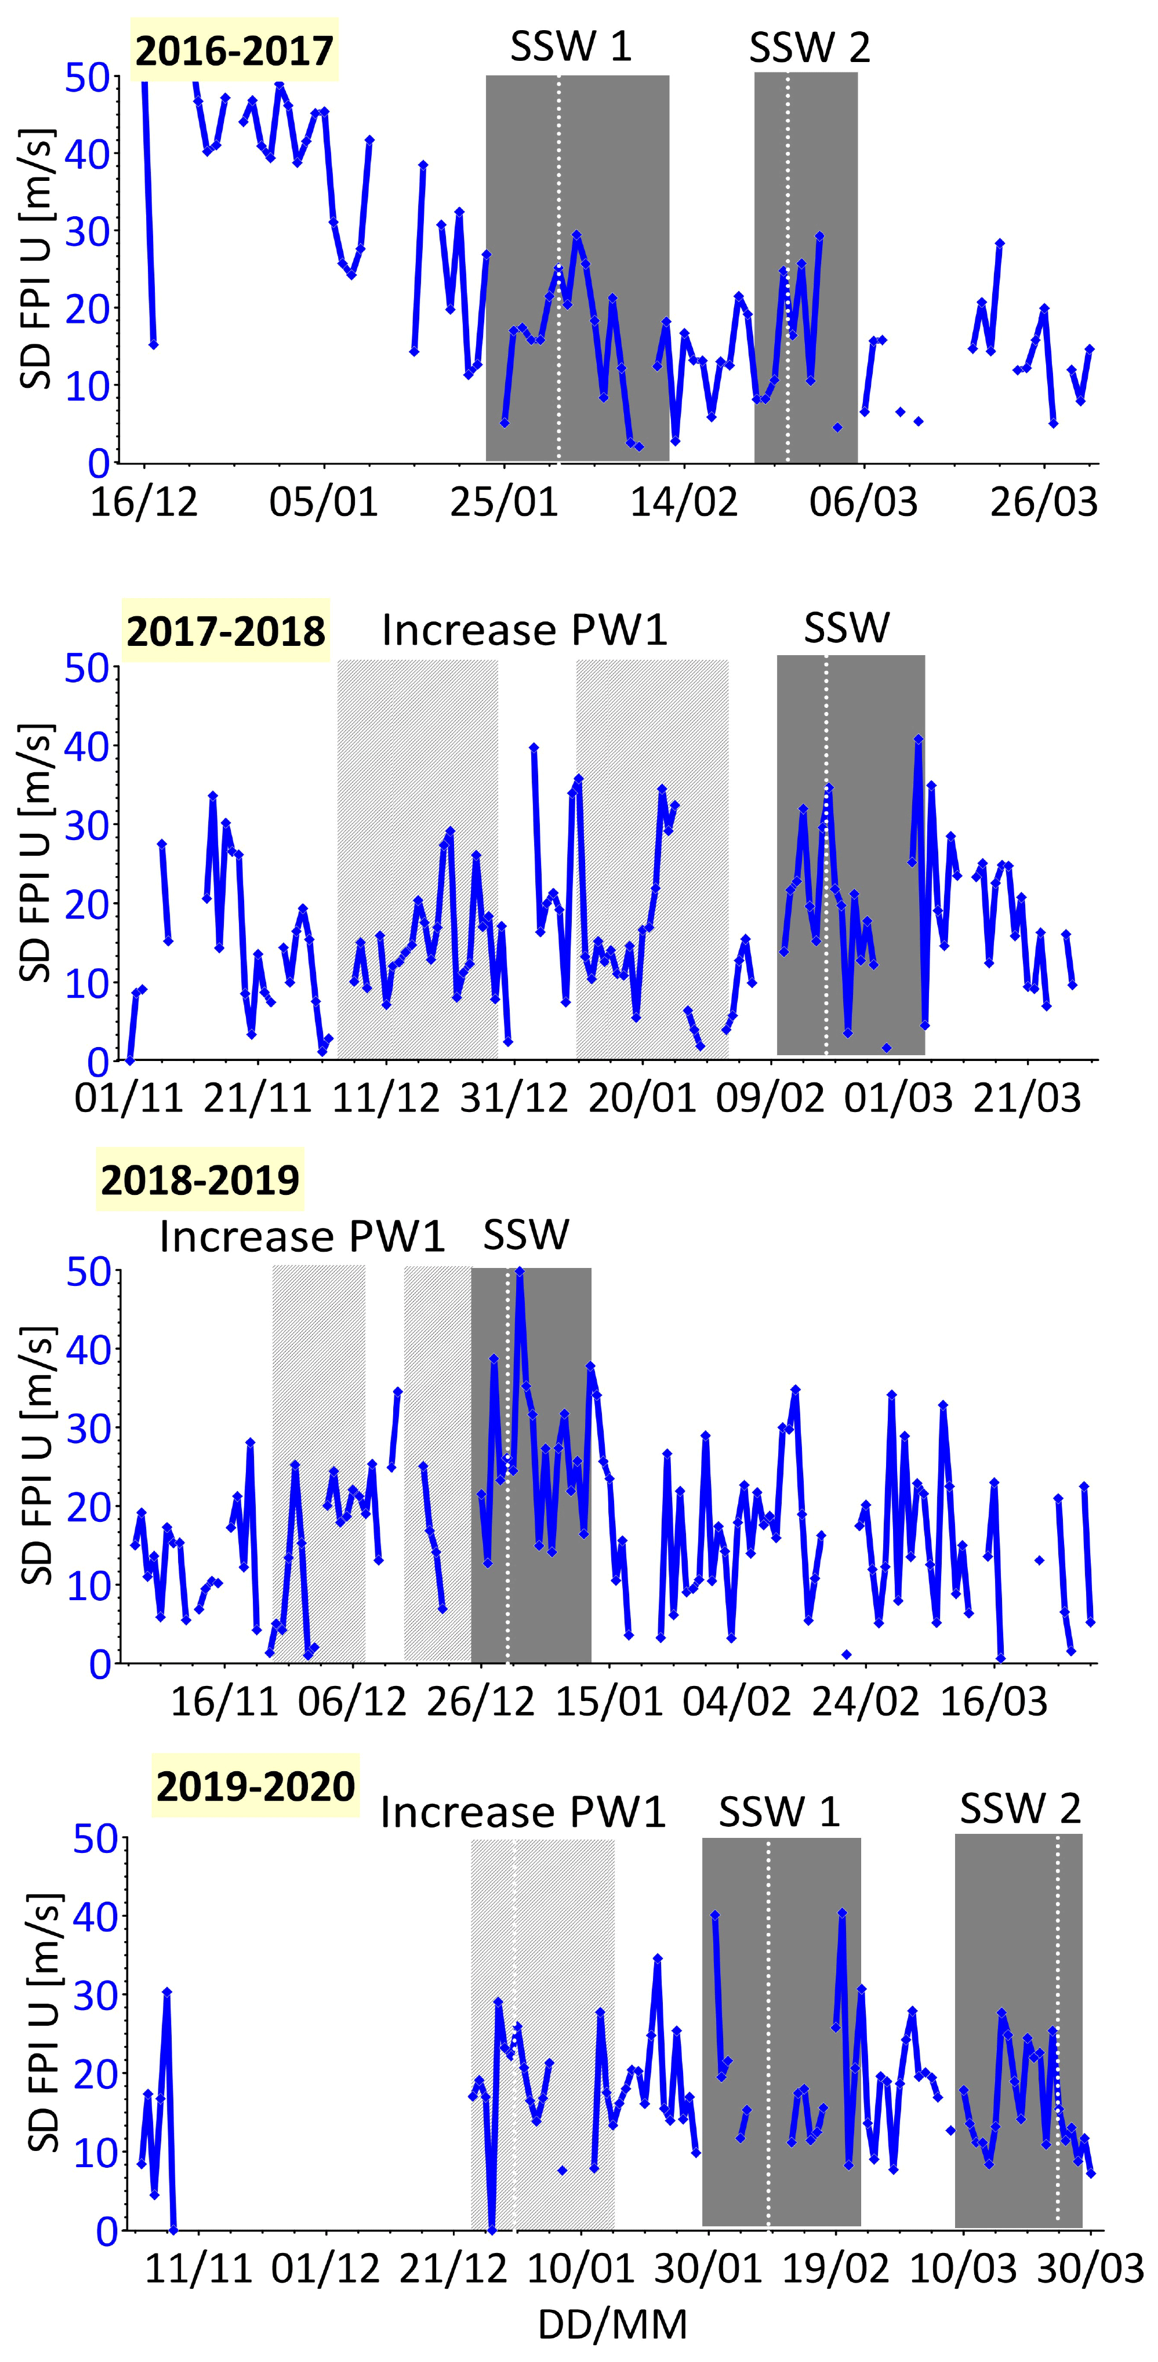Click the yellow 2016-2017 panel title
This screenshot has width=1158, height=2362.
(x=235, y=50)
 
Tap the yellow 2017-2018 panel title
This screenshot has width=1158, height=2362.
(x=226, y=632)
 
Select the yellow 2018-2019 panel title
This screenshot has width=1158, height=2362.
(x=200, y=1179)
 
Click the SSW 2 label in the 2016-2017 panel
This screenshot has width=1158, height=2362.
(x=809, y=48)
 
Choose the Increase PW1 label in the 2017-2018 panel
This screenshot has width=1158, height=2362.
(x=524, y=630)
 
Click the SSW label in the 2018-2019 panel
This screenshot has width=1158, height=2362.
(x=527, y=1235)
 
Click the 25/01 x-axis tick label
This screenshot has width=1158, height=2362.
(x=503, y=503)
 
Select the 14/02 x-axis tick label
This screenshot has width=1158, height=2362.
(x=683, y=503)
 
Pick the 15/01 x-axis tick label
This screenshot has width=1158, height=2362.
(x=609, y=1702)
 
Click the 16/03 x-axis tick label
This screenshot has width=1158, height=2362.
(x=994, y=1702)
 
